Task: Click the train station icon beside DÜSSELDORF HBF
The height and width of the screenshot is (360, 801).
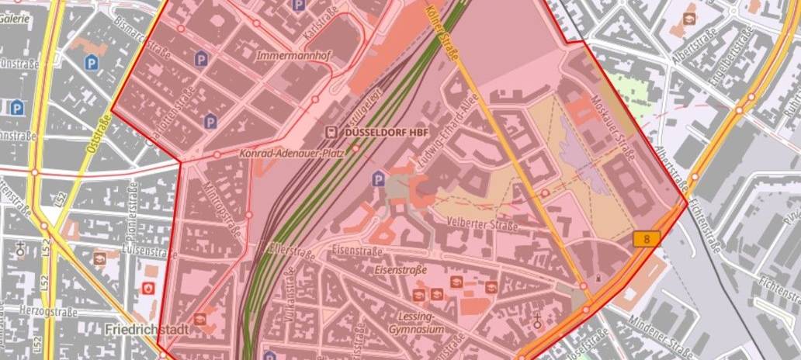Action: click(x=331, y=132)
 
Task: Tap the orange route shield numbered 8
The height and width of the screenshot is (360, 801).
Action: click(x=647, y=240)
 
